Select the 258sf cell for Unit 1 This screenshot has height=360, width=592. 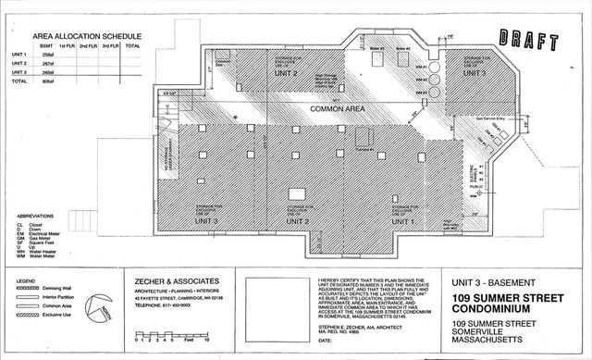click(48, 55)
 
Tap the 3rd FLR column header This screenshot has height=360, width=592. click(111, 45)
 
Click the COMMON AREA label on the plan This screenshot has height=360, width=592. click(312, 111)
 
